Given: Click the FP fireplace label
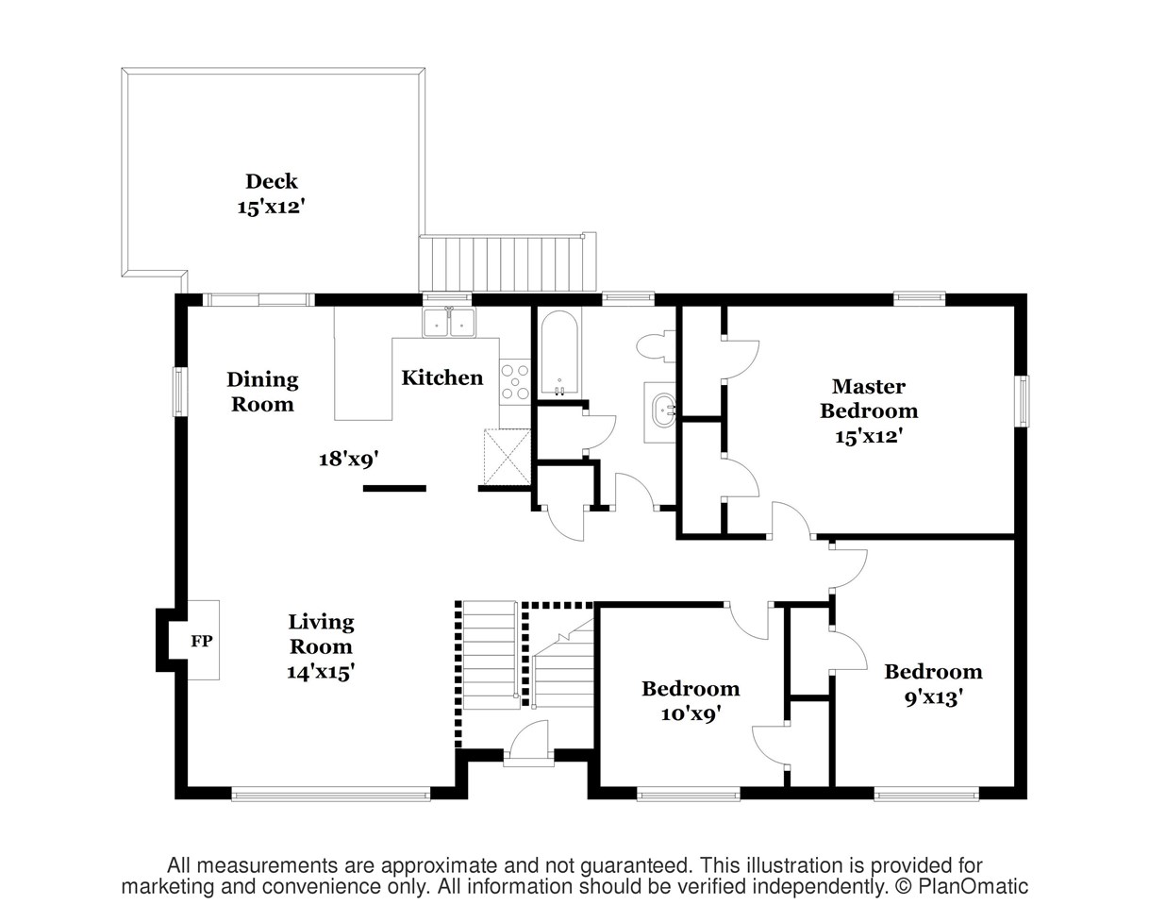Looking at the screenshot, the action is [x=202, y=641].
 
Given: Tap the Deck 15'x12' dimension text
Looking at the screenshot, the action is [x=271, y=207].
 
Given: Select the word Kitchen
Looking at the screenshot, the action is [x=442, y=377].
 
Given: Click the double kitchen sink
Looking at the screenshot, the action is [x=450, y=322].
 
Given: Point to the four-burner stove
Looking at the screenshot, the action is [x=515, y=382].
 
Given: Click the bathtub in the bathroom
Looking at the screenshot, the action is [x=559, y=353].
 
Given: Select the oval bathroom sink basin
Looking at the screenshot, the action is [x=664, y=411].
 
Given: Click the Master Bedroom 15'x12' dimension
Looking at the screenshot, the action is [x=869, y=437].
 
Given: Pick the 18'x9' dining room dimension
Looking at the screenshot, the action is [x=349, y=459].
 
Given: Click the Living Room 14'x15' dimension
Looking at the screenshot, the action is [x=321, y=672].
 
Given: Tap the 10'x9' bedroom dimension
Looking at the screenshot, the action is [x=691, y=713].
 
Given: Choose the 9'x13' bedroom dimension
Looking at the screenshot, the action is [x=933, y=696].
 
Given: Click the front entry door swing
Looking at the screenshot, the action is [x=528, y=738].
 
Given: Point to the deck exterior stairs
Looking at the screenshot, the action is [x=508, y=263].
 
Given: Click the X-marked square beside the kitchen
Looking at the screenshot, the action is [x=507, y=457].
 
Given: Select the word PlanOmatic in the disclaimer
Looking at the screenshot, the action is [x=973, y=886].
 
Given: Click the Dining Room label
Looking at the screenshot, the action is [x=262, y=392].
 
